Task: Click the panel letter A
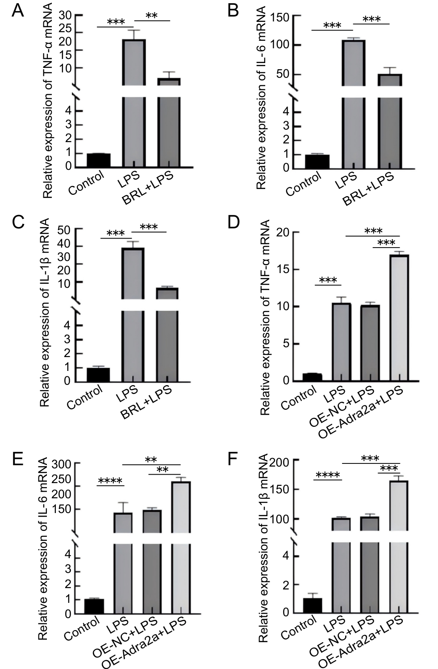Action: click(x=17, y=10)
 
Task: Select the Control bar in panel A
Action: click(x=99, y=160)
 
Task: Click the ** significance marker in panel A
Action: click(x=152, y=16)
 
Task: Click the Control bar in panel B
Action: click(x=317, y=161)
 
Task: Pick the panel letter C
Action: click(x=17, y=222)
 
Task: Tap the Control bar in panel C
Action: click(x=98, y=374)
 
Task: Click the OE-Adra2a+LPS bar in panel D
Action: click(x=399, y=317)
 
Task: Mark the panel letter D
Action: click(x=234, y=222)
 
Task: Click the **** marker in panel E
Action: click(x=110, y=481)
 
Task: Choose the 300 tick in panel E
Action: click(x=61, y=464)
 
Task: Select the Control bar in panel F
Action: click(x=312, y=605)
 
